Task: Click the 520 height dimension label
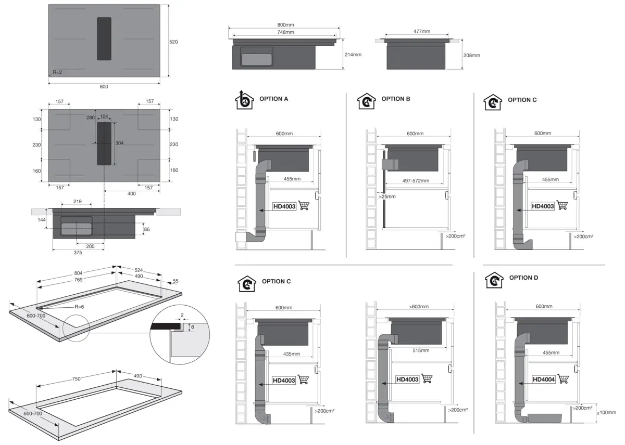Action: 173,42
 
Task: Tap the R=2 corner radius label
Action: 57,72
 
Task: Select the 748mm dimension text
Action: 285,32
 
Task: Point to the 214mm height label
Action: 353,55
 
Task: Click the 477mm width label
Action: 421,31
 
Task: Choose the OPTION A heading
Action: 274,99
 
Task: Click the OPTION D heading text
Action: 524,278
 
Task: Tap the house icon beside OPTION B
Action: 367,101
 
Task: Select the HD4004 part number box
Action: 544,379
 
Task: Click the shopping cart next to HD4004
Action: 563,379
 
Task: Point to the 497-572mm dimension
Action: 416,181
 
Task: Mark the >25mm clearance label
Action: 387,197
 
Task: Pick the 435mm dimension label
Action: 291,354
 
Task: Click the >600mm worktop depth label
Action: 419,307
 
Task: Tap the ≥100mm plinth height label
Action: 606,412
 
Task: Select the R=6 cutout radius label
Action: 79,307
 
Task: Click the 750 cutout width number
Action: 76,379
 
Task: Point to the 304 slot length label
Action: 119,143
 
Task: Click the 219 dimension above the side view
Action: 78,201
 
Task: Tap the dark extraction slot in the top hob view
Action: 104,38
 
